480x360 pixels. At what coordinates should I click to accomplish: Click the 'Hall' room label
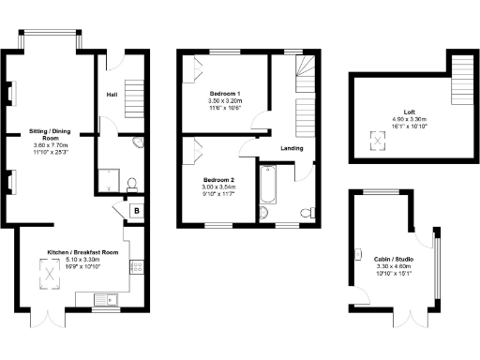(x=112, y=95)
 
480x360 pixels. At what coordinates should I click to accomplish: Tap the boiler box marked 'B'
(x=137, y=211)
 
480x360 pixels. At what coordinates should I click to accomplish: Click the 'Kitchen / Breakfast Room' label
(x=84, y=252)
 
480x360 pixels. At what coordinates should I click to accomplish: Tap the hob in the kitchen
(x=136, y=267)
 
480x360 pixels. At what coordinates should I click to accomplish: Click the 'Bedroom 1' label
(x=225, y=95)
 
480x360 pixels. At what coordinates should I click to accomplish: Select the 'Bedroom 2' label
(x=220, y=179)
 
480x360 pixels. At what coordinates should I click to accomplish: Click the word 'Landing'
(x=292, y=147)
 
